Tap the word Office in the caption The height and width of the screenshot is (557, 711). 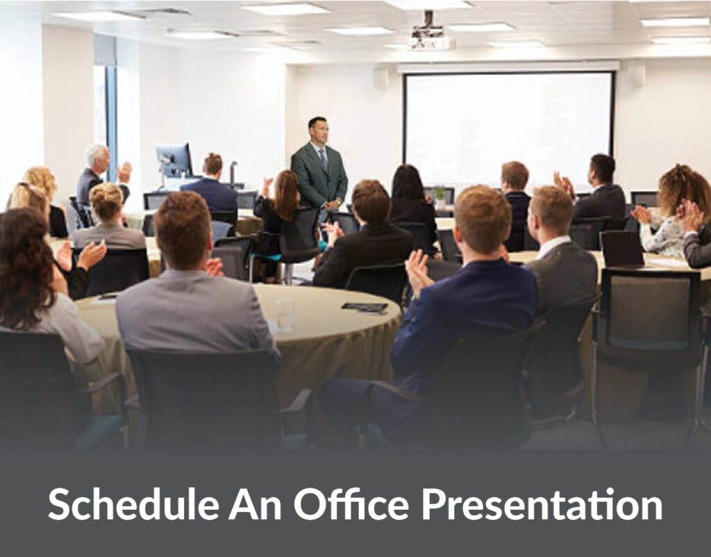[x=351, y=504]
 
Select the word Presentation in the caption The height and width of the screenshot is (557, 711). [x=542, y=504]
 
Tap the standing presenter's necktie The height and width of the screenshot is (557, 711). [x=324, y=160]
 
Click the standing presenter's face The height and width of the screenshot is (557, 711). [x=319, y=133]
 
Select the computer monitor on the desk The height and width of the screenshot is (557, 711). [x=174, y=160]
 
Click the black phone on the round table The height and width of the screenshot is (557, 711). [x=365, y=307]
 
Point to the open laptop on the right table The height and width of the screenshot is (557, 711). [x=622, y=249]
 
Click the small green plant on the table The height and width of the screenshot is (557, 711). [x=439, y=194]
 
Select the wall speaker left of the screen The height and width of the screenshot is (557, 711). [x=381, y=76]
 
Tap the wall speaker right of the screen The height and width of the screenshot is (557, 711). [x=637, y=75]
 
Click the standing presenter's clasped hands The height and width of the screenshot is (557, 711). [x=333, y=204]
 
